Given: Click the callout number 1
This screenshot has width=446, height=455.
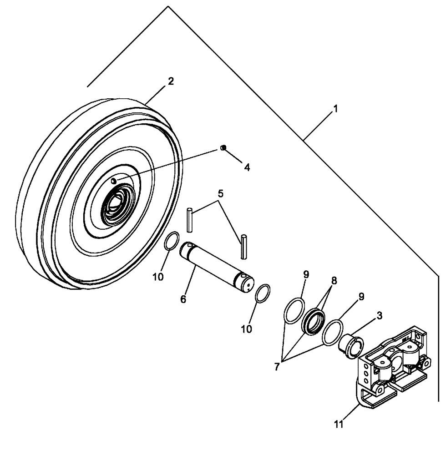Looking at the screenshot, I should [335, 109].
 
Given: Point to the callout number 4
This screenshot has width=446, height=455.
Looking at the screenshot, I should [247, 167].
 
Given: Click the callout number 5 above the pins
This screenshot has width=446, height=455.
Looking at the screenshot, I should [220, 193].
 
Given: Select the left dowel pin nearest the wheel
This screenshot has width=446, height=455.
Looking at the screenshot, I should [191, 219].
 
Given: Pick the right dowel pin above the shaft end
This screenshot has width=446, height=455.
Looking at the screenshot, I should [245, 246].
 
